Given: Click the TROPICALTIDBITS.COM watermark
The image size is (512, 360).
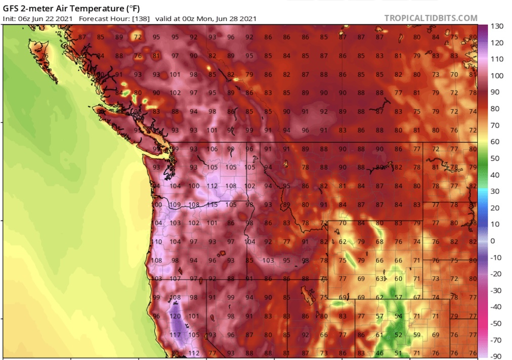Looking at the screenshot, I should [431, 18].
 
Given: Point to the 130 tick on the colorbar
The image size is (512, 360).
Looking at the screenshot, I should [497, 26].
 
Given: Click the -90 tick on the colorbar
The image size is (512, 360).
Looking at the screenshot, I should [497, 356].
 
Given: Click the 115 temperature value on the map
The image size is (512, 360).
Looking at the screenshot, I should [212, 205].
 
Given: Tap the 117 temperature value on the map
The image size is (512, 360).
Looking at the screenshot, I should [175, 335].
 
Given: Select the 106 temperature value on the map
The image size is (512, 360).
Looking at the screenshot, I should [212, 149].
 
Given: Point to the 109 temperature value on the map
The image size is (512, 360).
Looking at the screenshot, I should [175, 205].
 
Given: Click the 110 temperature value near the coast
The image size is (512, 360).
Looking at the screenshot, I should [157, 242].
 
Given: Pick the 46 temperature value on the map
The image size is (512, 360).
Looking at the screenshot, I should [379, 353].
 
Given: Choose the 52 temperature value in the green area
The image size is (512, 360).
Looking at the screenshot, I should [398, 335].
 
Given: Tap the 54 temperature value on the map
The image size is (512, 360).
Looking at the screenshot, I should [398, 316].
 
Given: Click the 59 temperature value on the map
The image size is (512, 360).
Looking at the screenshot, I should [417, 335].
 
